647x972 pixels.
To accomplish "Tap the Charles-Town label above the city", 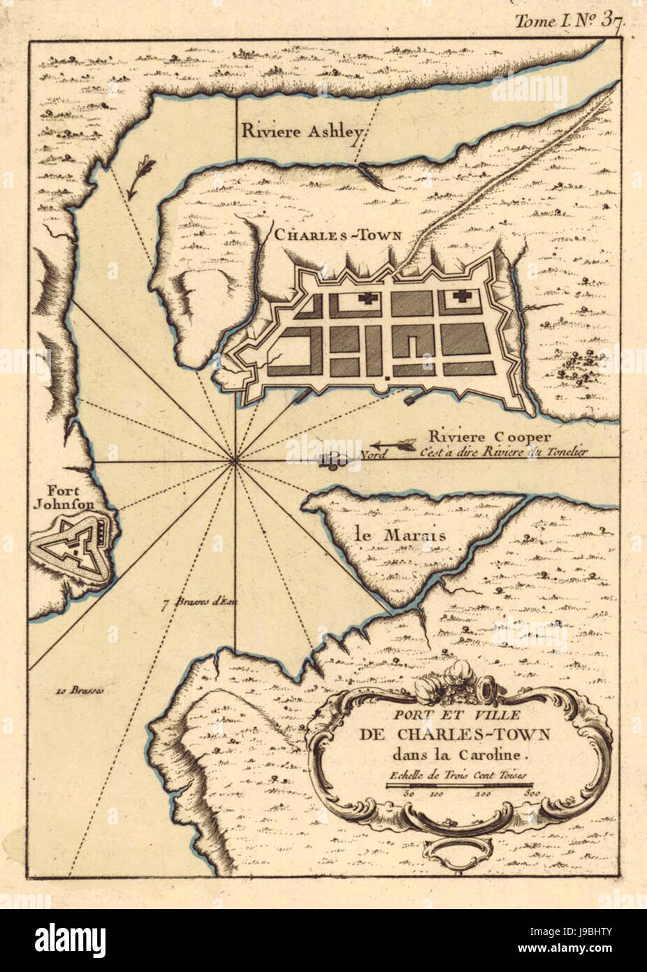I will pos(337,236).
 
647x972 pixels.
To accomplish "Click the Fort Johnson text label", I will pos(58,496).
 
